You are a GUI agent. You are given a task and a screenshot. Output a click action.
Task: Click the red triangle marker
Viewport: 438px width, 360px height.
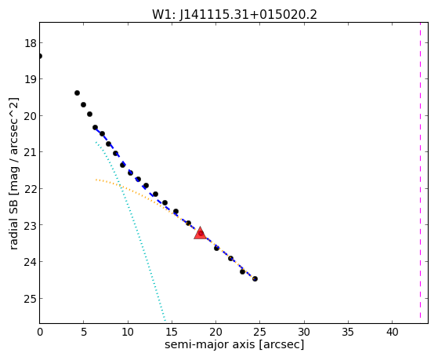tap(200, 234)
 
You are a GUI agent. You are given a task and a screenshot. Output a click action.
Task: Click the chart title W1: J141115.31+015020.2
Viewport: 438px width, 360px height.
tap(234, 14)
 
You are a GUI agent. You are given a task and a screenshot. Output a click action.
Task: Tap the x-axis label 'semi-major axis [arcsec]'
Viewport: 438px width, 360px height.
tap(234, 344)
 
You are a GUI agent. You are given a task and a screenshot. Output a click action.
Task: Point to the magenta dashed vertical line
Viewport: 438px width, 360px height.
tap(420, 170)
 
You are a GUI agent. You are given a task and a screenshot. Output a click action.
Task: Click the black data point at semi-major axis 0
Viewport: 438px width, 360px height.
tap(39, 56)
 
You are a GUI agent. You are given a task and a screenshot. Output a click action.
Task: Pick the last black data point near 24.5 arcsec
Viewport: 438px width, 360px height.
tap(255, 279)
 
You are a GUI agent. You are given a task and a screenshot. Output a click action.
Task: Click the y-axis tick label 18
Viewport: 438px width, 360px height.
tap(30, 43)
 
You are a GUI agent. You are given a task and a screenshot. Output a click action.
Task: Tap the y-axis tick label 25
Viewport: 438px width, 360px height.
tap(30, 299)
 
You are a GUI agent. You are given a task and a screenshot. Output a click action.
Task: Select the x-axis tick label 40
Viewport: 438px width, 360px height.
tap(393, 333)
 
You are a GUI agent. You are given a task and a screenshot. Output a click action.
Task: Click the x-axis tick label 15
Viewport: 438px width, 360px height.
tap(172, 333)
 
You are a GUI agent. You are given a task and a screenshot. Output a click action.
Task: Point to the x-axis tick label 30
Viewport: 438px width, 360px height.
tap(304, 333)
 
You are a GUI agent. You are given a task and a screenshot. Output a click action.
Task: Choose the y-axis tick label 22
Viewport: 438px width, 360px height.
tap(30, 189)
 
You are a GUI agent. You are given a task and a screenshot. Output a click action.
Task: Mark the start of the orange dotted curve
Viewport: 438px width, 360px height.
tap(96, 180)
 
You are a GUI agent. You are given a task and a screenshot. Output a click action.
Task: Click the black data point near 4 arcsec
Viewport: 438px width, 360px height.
tap(77, 93)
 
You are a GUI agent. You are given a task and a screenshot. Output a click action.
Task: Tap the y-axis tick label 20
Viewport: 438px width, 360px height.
tap(30, 116)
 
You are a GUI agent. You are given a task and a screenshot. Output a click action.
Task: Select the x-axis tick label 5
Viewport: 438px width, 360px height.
tap(84, 333)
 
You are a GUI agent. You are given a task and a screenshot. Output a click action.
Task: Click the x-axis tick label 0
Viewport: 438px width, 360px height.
tap(40, 333)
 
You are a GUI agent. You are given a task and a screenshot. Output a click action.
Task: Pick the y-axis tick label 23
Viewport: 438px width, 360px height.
tap(30, 225)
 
